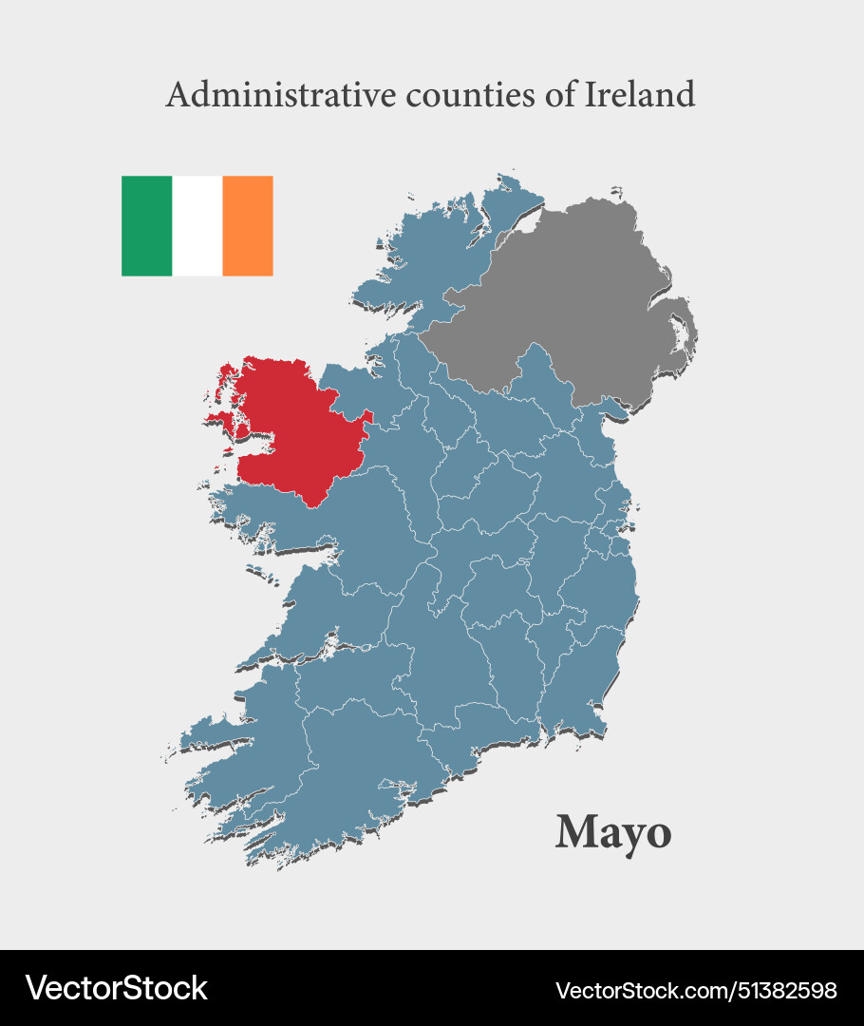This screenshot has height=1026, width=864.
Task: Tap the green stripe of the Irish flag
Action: [146, 226]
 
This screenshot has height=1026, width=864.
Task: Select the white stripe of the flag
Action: [197, 226]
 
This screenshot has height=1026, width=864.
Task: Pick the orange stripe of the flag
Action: [248, 226]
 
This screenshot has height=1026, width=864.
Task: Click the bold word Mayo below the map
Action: [613, 833]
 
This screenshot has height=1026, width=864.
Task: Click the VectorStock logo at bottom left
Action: [117, 988]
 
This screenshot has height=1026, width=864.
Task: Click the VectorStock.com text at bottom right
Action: [647, 991]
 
